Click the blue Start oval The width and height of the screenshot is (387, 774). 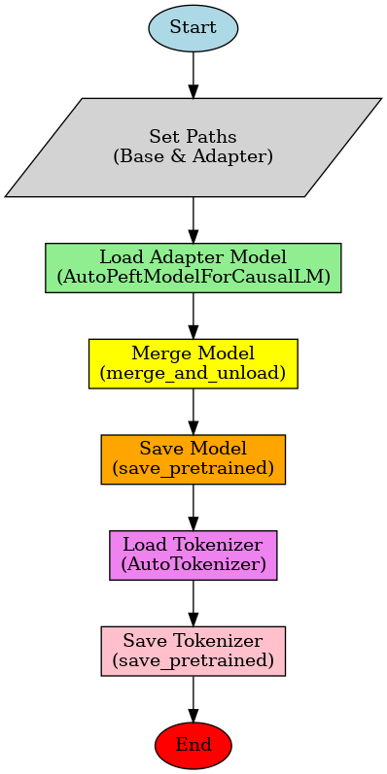(x=193, y=27)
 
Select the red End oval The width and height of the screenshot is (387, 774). (x=193, y=745)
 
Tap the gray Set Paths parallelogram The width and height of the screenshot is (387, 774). (x=193, y=147)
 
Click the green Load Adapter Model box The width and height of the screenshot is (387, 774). (x=193, y=267)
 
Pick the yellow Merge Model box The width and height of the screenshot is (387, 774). (x=193, y=363)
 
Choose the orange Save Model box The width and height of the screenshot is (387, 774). (x=193, y=458)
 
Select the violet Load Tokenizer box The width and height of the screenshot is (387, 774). (x=193, y=555)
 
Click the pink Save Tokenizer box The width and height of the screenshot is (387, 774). (x=193, y=650)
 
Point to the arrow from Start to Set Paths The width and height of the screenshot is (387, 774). (x=193, y=75)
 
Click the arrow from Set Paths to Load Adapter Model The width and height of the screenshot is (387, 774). (x=193, y=219)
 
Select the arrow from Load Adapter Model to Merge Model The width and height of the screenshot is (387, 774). (x=193, y=316)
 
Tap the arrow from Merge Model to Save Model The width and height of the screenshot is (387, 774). (x=193, y=411)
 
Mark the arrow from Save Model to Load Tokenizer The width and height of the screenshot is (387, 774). (x=193, y=507)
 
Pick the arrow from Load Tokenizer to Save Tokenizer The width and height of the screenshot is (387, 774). (x=193, y=602)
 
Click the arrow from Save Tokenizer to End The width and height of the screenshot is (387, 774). (x=193, y=698)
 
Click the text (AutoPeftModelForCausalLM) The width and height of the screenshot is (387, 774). (x=193, y=277)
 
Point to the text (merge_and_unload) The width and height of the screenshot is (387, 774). (x=193, y=372)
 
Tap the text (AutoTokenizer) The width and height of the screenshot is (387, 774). (x=193, y=563)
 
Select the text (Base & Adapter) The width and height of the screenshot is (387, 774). (x=193, y=155)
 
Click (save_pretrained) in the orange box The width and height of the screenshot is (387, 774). (x=193, y=468)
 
